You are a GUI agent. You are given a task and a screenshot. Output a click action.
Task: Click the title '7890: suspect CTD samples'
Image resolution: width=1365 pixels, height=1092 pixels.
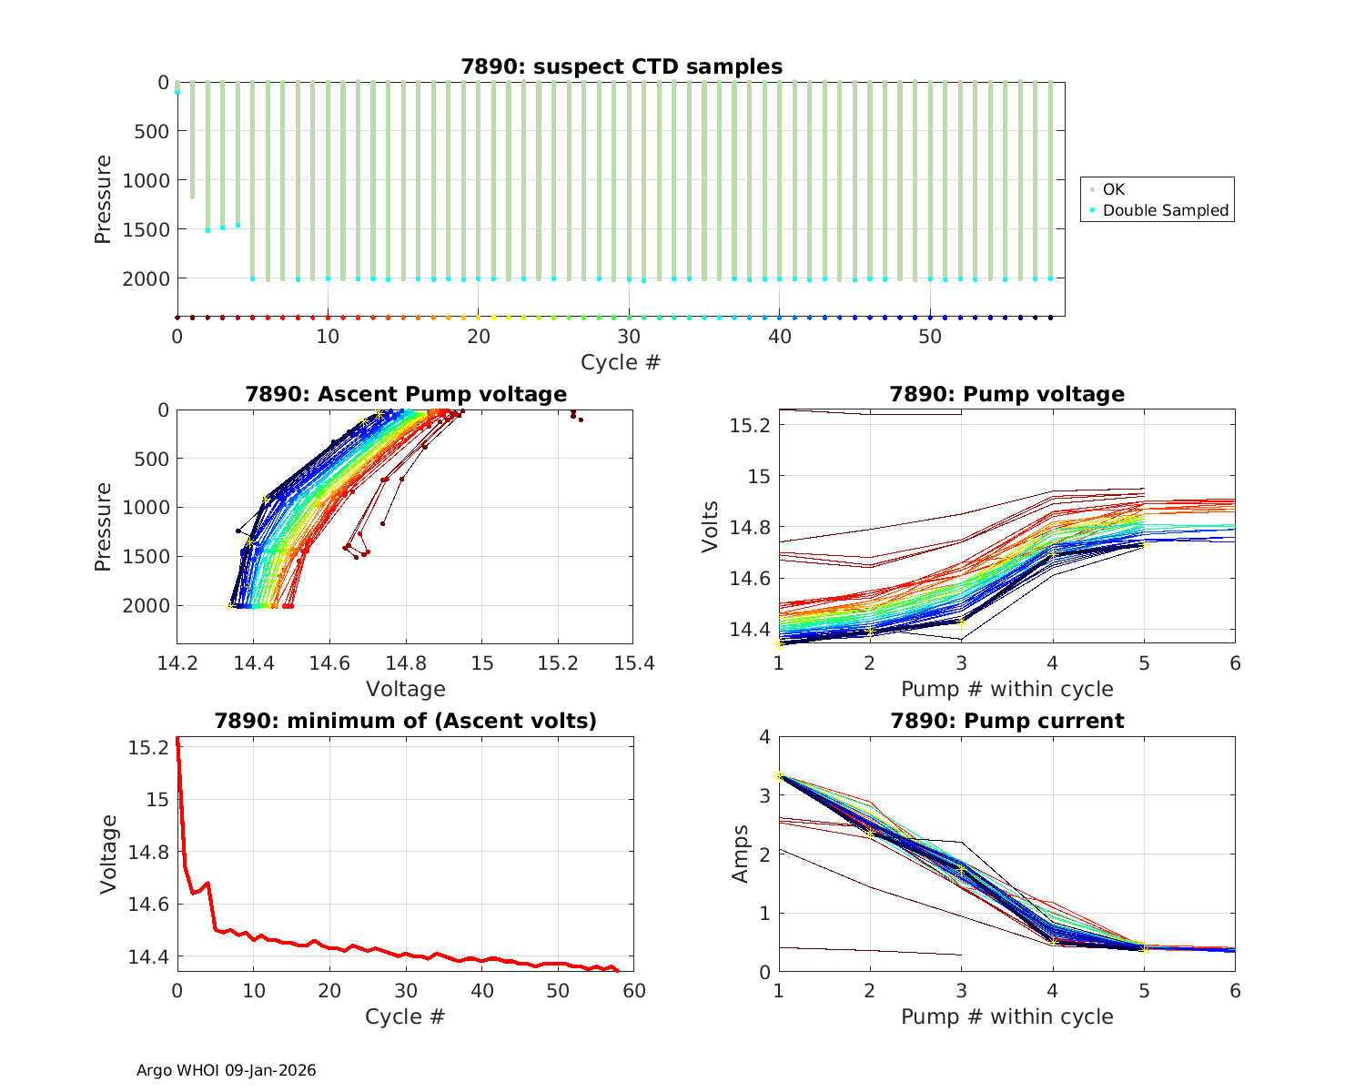point(622,66)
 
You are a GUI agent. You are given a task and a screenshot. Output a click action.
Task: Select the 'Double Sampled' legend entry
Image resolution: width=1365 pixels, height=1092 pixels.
point(1165,210)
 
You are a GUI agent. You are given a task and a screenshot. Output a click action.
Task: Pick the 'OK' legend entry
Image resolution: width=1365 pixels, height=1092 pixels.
point(1113,189)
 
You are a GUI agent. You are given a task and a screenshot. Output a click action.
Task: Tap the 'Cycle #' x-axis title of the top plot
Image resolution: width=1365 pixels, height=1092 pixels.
point(621,362)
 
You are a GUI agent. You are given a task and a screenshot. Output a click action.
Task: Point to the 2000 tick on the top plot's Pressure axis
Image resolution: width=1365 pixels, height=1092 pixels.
point(146,278)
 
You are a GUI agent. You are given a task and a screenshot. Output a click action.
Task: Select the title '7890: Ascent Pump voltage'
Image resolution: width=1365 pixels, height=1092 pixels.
point(406,394)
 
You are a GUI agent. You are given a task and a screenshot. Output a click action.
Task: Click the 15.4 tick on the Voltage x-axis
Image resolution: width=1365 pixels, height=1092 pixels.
point(633,663)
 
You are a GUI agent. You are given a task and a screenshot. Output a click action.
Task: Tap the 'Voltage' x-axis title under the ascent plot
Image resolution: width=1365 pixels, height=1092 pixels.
point(406,689)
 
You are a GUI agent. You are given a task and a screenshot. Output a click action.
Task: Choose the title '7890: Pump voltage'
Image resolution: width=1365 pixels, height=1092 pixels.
point(1006,394)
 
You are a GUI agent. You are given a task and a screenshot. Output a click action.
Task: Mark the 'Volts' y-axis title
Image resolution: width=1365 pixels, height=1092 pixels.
point(712,527)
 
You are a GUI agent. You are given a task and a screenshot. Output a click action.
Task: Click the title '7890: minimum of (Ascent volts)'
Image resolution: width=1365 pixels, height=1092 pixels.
point(406,722)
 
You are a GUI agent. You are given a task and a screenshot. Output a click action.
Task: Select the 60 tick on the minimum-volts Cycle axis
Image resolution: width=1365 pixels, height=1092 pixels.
point(633,991)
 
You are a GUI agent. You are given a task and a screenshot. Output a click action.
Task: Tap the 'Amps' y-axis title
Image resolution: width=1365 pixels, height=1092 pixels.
point(741,854)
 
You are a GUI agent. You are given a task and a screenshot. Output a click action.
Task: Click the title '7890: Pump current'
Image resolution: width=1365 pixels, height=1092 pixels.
point(1006,722)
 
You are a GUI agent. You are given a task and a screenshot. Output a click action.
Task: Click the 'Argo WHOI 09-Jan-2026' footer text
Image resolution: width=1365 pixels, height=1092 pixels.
point(226,1071)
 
